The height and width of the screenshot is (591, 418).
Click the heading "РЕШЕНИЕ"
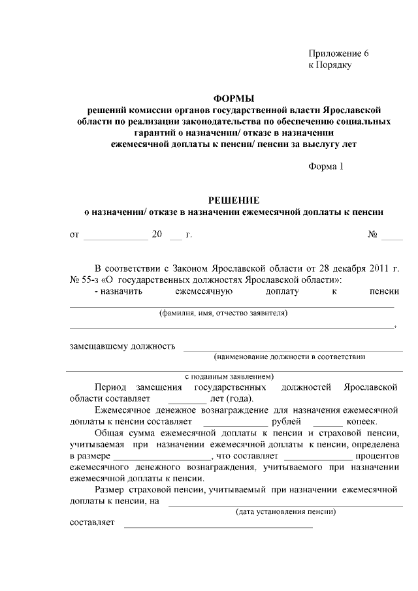point(234,200)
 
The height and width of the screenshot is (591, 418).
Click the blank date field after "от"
point(116,235)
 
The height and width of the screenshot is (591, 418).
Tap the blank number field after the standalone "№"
point(392,235)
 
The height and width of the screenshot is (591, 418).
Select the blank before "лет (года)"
point(187,399)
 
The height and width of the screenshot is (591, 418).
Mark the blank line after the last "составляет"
point(218,524)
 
